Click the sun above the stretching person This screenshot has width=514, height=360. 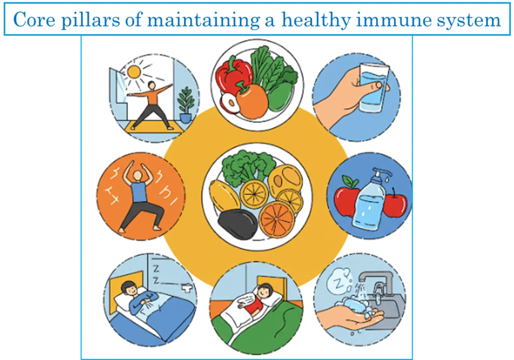(134, 71)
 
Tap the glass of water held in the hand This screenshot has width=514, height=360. (373, 87)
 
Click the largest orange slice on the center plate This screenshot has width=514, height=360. (277, 218)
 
